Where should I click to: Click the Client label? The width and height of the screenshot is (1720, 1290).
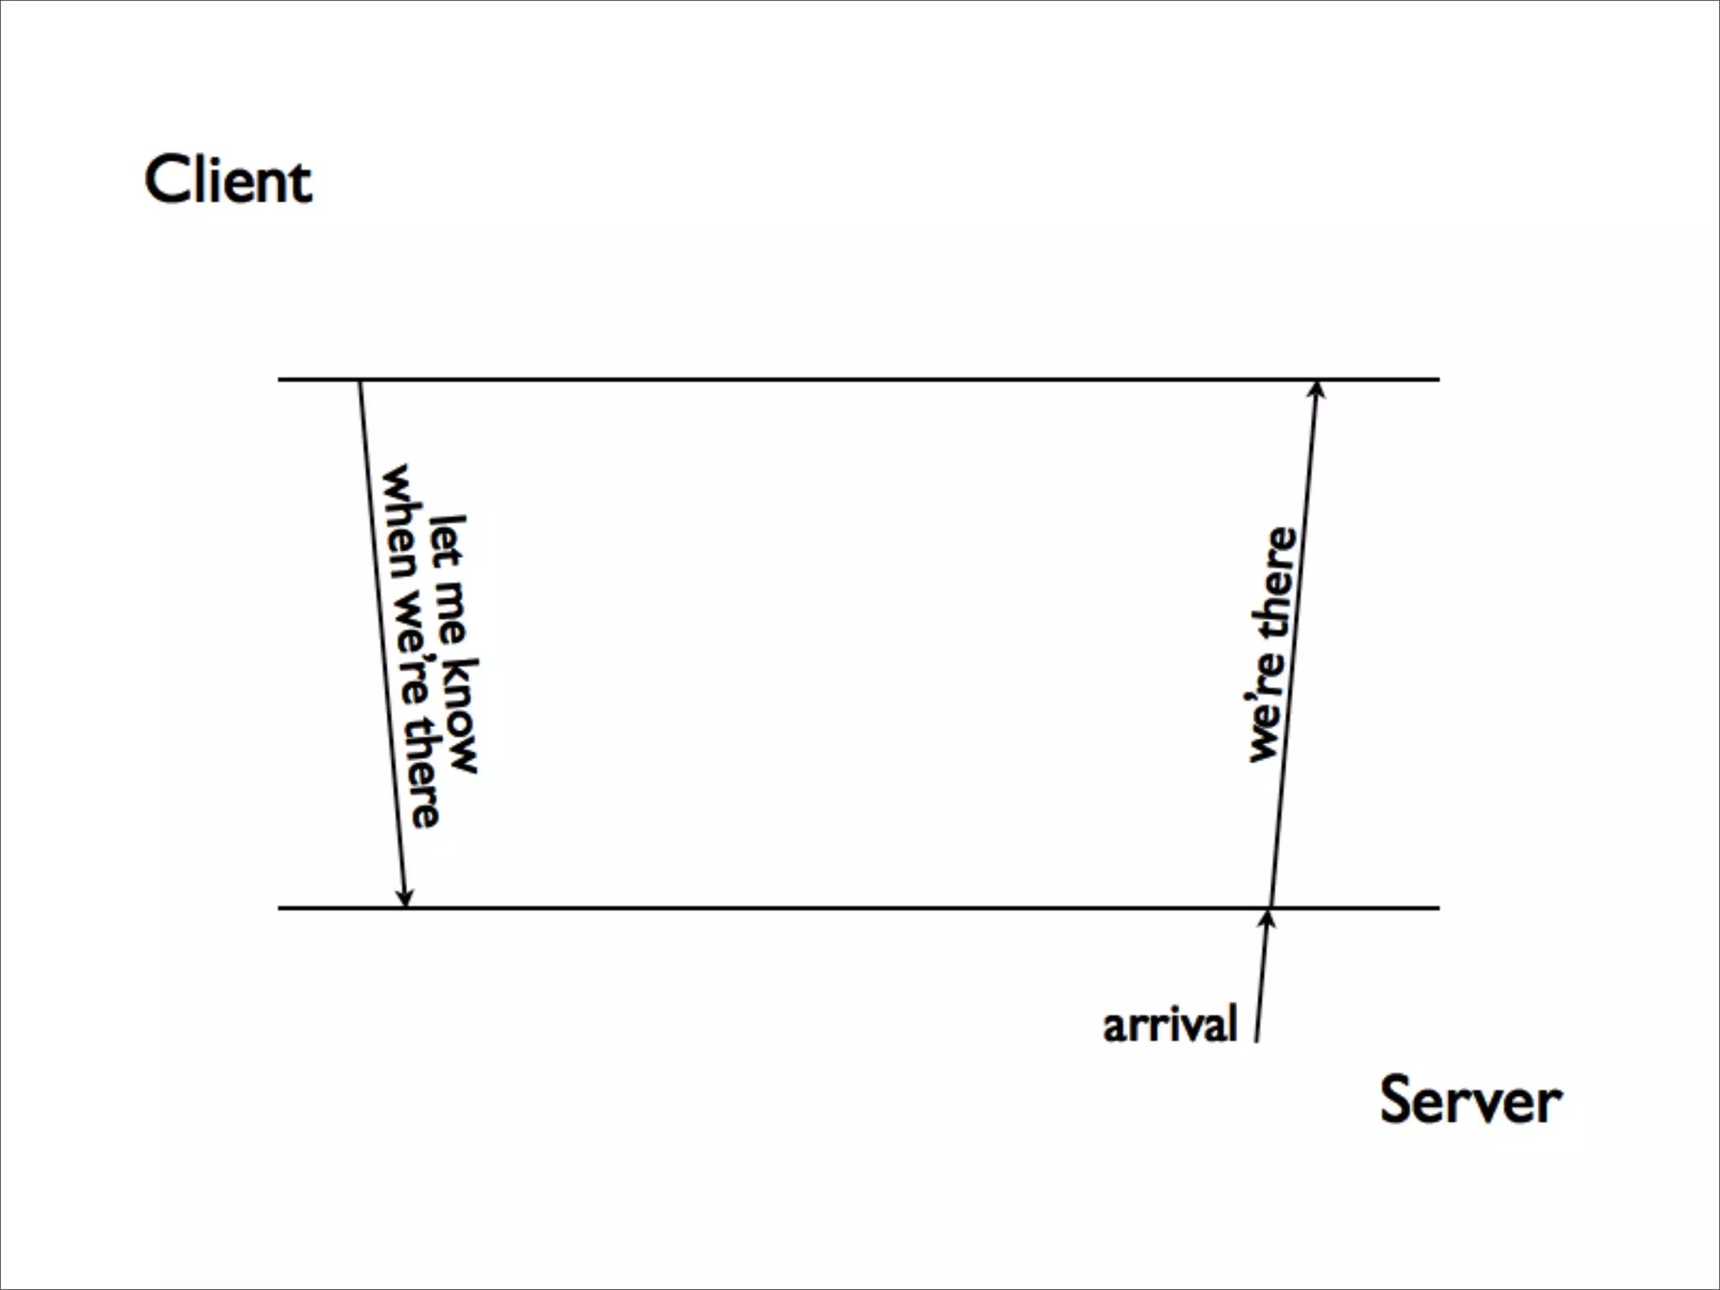[x=228, y=180]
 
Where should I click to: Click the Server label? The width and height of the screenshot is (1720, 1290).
[x=1471, y=1100]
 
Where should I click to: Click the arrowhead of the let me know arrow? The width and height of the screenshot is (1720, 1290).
[x=405, y=897]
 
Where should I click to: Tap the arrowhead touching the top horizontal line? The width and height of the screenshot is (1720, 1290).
[x=1317, y=390]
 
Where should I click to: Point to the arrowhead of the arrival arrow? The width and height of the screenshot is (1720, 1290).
[x=1268, y=919]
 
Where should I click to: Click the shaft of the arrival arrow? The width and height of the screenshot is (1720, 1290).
[x=1261, y=983]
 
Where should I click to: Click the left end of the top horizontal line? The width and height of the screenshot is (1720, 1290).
[x=281, y=380]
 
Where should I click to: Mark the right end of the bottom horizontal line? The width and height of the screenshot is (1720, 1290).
[x=1438, y=908]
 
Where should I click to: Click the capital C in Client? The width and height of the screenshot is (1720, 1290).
[x=165, y=180]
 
